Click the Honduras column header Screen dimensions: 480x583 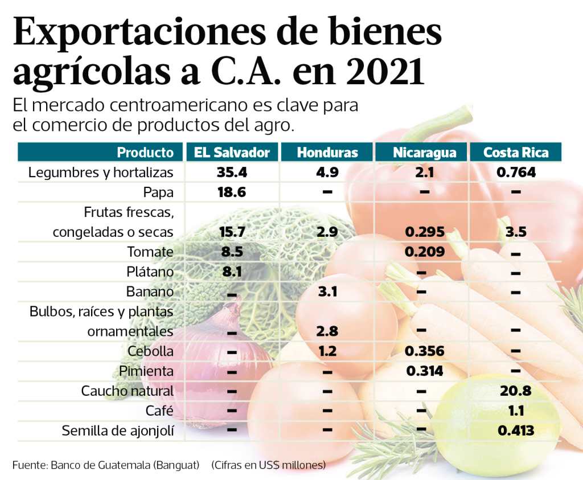pos(327,153)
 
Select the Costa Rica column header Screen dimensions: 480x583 pos(516,153)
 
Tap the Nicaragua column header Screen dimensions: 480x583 pos(424,153)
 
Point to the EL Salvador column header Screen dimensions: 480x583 pos(232,153)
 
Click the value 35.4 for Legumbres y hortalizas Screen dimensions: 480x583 pos(232,172)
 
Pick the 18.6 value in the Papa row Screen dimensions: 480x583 pos(232,192)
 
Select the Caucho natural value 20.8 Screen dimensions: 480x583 pos(516,391)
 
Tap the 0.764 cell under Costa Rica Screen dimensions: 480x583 pos(516,172)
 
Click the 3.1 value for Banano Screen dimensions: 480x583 pos(327,292)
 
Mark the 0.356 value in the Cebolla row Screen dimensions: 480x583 pos(424,351)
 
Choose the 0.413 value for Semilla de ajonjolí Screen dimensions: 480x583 pos(516,431)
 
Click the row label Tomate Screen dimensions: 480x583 pos(150,252)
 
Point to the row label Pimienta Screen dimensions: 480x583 pos(146,371)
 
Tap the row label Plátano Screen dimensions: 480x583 pos(149,272)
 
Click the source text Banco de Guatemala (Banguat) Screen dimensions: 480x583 pos(125,465)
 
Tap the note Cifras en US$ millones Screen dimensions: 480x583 pos(269,465)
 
